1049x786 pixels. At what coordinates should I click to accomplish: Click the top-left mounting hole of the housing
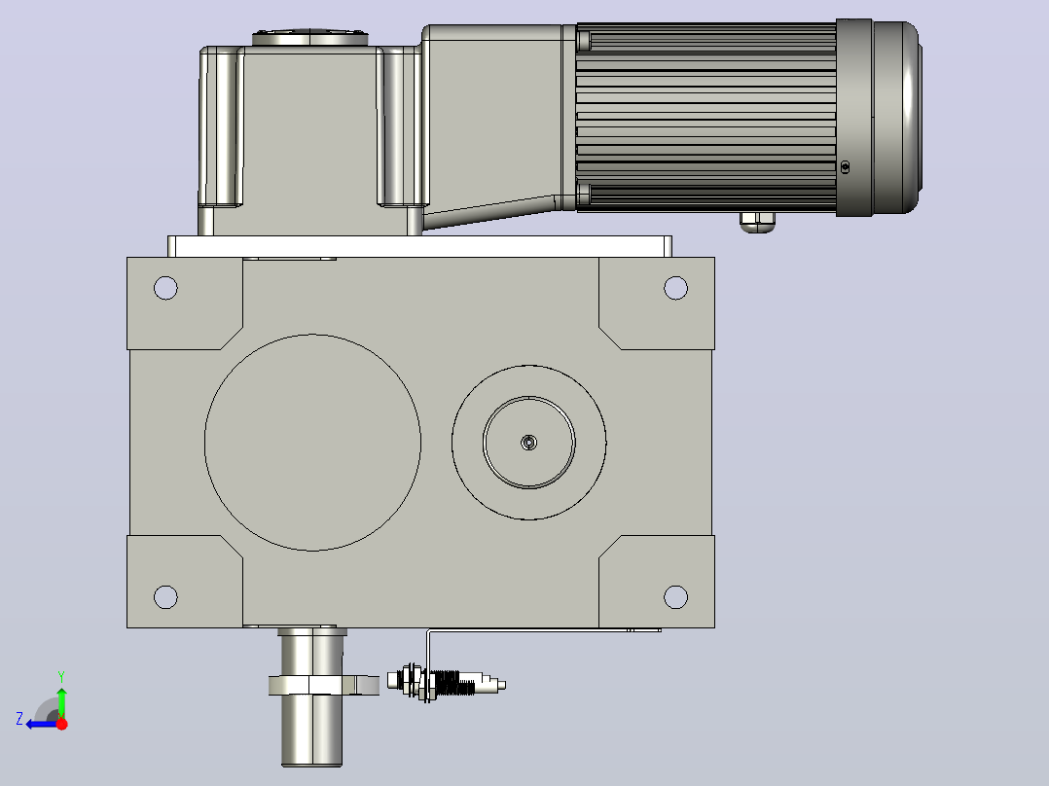[x=165, y=288]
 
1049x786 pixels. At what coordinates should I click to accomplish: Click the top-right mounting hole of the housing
[x=675, y=288]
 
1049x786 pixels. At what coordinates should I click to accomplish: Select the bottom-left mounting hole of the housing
[x=165, y=596]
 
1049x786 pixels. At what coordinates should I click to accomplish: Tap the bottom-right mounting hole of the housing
[x=675, y=596]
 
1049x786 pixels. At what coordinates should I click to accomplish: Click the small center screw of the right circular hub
[x=528, y=443]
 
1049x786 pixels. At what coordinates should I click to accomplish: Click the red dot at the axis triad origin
[x=62, y=724]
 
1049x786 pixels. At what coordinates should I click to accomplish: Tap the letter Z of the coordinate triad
[x=19, y=719]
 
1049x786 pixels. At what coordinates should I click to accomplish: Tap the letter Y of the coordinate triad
[x=61, y=676]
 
